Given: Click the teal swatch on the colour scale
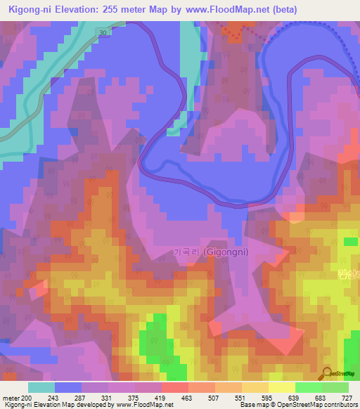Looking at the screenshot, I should coord(41,388).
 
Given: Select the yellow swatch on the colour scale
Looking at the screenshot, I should coord(281,388).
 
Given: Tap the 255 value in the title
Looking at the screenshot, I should coord(124,9).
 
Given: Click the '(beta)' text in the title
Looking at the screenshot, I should coord(277,9).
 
